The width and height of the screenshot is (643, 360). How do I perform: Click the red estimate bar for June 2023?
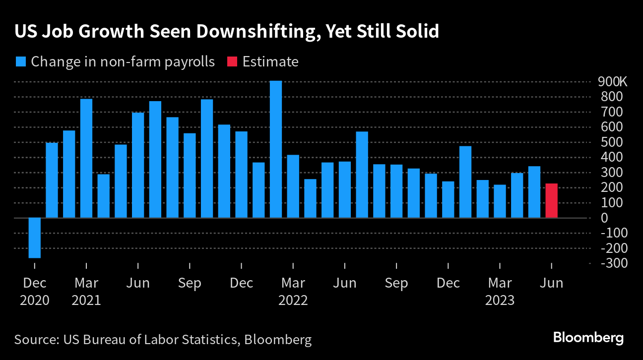(x=551, y=200)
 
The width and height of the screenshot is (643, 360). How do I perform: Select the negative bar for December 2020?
(x=34, y=238)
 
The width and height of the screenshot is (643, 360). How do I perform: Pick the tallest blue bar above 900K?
(x=276, y=149)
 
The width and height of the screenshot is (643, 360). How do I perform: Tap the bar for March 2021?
(x=86, y=158)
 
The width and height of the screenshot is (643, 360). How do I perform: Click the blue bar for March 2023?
(x=500, y=201)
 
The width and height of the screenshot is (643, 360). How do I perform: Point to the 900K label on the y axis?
(x=613, y=82)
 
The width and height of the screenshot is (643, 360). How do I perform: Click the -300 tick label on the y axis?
(x=614, y=263)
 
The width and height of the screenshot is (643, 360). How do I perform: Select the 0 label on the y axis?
(x=604, y=218)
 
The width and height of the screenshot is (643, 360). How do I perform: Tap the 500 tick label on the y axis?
(x=612, y=142)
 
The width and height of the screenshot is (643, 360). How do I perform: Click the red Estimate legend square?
(x=232, y=61)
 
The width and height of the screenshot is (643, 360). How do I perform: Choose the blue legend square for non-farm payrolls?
(x=21, y=61)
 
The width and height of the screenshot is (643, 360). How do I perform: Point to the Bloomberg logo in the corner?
(x=588, y=338)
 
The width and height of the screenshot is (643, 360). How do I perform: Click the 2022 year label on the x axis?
(x=293, y=300)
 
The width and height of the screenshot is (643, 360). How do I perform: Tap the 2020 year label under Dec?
(x=34, y=300)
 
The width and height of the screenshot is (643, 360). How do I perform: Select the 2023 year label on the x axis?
(x=500, y=300)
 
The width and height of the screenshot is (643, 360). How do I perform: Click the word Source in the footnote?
(x=37, y=339)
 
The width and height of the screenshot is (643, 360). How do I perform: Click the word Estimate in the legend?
(x=270, y=61)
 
